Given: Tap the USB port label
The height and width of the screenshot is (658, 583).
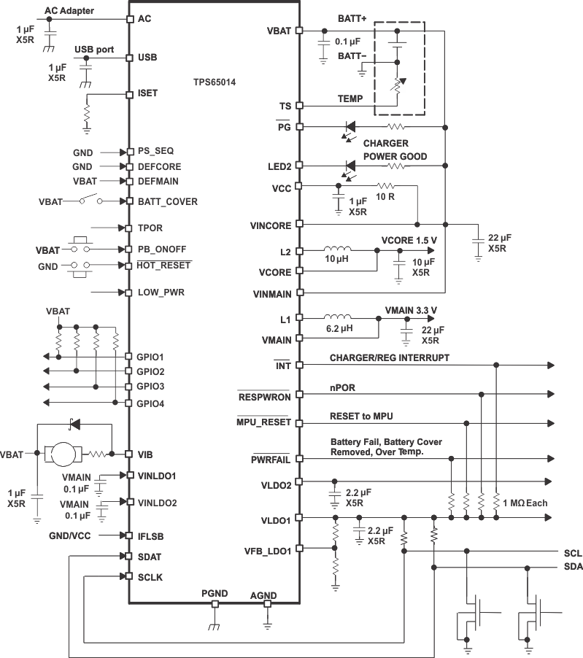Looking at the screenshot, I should (x=95, y=49).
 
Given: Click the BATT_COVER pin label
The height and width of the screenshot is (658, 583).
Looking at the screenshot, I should (x=167, y=201).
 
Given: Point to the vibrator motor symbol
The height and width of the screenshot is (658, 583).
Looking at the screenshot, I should (x=65, y=454).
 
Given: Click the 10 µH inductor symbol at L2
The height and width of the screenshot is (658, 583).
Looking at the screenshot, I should (x=338, y=250).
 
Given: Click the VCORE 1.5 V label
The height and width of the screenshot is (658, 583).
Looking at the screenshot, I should (x=409, y=240).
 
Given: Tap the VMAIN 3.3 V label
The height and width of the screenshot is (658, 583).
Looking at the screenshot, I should (x=411, y=309).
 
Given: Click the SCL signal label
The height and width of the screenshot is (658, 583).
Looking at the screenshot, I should (x=573, y=553).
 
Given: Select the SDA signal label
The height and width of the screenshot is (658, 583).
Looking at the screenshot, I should (x=573, y=567).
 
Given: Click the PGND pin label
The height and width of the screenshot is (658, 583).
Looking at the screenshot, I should (x=215, y=594).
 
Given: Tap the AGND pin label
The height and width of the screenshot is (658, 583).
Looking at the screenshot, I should (x=263, y=595).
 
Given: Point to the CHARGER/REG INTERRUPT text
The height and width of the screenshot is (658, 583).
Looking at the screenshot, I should (x=390, y=357).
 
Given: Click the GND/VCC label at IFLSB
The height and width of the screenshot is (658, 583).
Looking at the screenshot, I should (x=71, y=535).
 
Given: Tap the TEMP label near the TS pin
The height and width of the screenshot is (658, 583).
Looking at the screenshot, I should (x=349, y=98).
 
